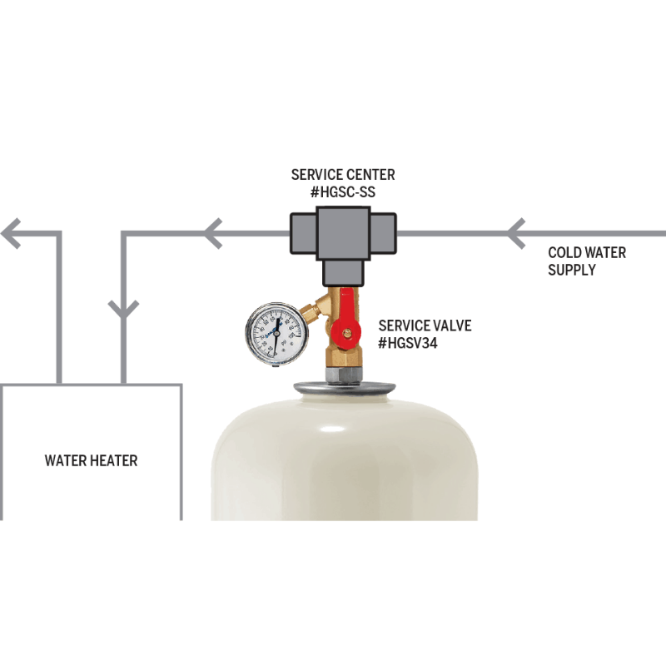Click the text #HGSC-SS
coord(343,193)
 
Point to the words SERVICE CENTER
coord(343,175)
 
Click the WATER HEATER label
coord(91,460)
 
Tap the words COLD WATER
coord(586,252)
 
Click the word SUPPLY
coord(571,270)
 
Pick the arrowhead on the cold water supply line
coord(518,232)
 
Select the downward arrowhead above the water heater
coord(123,311)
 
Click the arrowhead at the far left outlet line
coord(12,232)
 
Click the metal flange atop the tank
coord(344,385)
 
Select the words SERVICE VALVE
coord(425,326)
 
